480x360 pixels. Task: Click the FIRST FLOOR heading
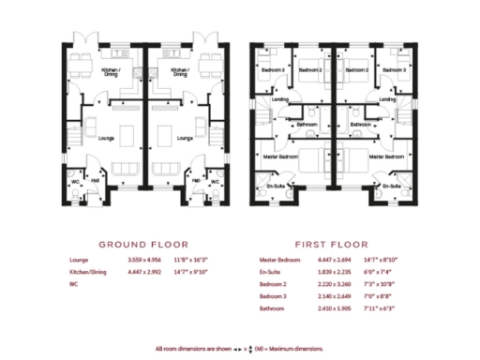coord(331,241)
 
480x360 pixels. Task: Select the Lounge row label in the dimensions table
coord(79,259)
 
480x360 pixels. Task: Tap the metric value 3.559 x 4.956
coord(144,259)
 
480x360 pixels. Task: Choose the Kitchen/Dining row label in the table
coord(88,271)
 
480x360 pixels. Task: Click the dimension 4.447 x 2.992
coord(144,271)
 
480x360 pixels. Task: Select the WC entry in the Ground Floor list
coord(73,283)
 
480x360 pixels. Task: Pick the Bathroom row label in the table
coord(275,307)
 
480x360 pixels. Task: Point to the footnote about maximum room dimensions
coord(239,348)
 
